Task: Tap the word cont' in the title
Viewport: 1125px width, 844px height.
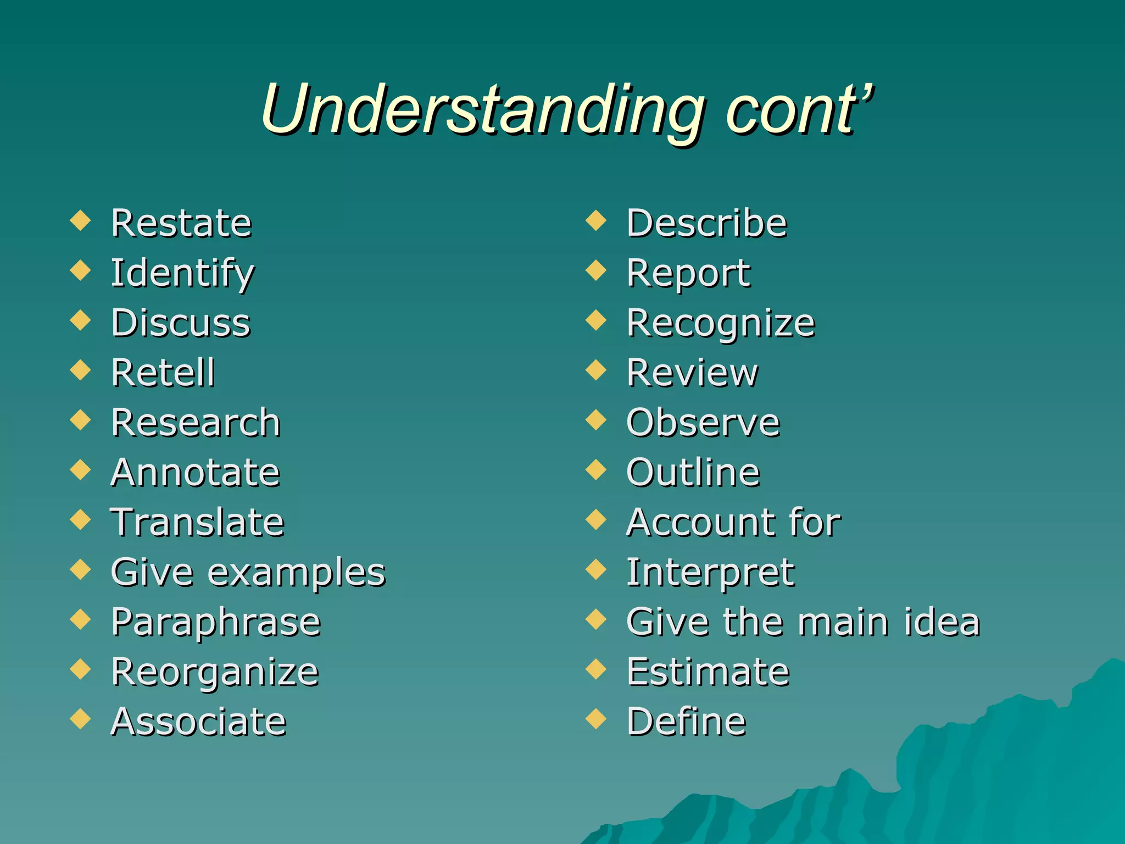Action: (799, 110)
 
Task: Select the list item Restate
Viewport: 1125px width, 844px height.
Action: (181, 223)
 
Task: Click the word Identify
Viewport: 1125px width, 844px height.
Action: (182, 273)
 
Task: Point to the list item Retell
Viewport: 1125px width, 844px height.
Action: (163, 373)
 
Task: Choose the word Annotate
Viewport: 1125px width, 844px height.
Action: (195, 473)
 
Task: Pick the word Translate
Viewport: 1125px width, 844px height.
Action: (197, 522)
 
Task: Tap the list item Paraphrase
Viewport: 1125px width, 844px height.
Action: (215, 622)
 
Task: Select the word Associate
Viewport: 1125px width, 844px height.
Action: (198, 721)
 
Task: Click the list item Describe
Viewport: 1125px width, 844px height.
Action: (706, 223)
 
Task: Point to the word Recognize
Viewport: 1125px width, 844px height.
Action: (721, 323)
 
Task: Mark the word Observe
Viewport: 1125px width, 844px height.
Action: (703, 423)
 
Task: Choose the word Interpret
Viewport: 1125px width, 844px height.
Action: (710, 573)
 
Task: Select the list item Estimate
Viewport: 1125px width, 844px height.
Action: (708, 671)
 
